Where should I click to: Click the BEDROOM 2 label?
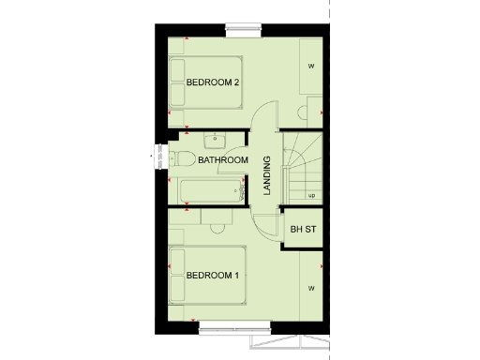[214, 82]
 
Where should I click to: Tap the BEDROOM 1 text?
[212, 276]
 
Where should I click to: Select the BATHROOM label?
[223, 160]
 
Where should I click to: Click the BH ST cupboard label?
[302, 229]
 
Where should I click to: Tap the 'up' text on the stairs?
[310, 195]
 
